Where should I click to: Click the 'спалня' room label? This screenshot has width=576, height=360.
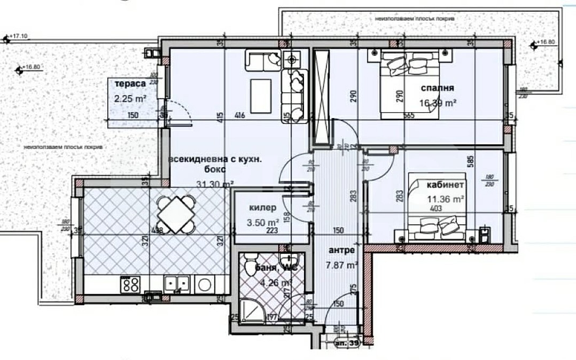click(437, 88)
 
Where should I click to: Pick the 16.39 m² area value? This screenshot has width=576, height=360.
click(438, 104)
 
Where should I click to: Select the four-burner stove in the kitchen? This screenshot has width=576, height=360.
click(130, 284)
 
